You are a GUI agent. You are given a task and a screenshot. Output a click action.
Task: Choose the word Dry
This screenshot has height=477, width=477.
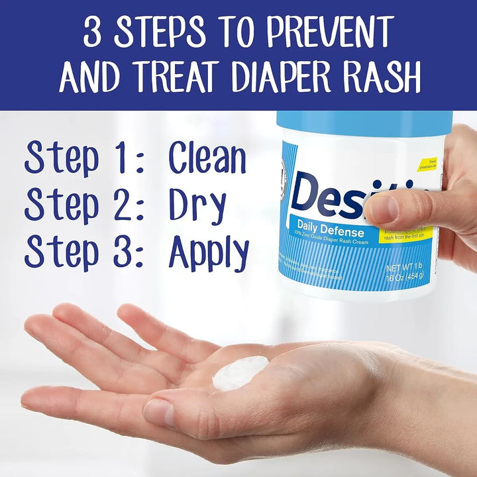[197, 205]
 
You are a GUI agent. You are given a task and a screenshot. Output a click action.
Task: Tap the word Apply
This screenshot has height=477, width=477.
[209, 254]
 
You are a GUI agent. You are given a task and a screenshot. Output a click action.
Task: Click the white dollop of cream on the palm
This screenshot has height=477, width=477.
[240, 372]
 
